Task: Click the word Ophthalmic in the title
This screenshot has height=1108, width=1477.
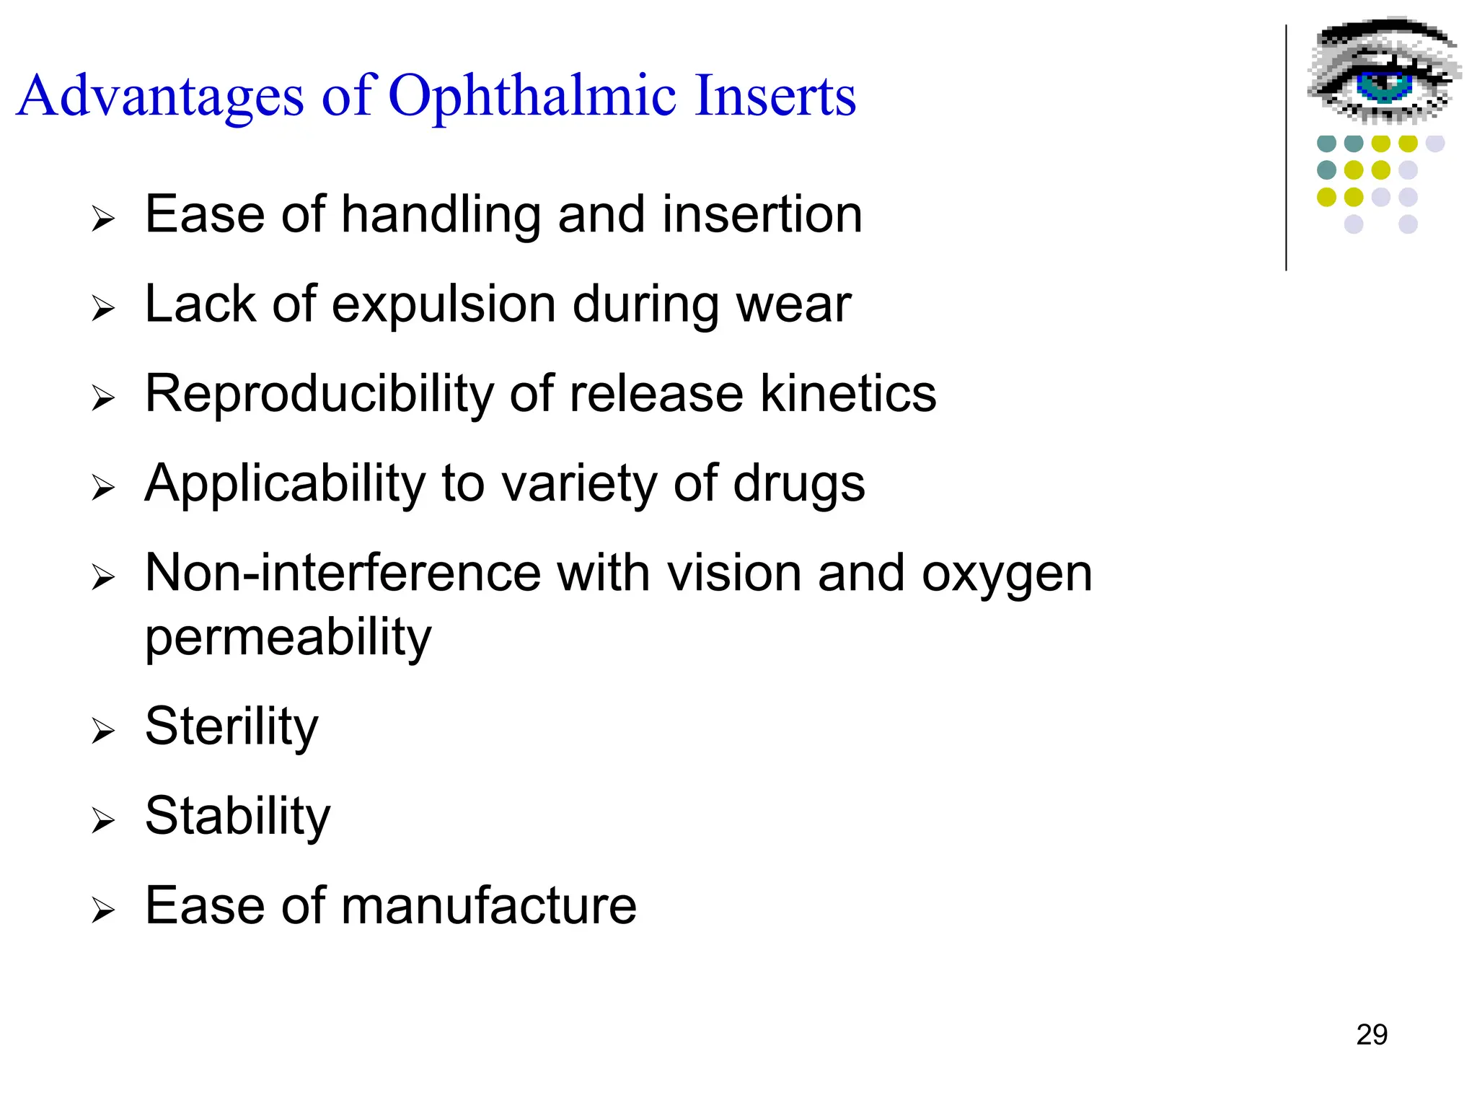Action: pyautogui.click(x=532, y=97)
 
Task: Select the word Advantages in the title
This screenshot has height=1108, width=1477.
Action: pyautogui.click(x=160, y=97)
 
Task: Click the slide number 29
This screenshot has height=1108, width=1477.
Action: pyautogui.click(x=1371, y=1034)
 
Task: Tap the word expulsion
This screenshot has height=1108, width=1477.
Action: pyautogui.click(x=443, y=304)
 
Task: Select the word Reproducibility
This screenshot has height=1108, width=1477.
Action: pyautogui.click(x=319, y=394)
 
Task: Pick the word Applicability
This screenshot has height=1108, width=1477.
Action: pyautogui.click(x=285, y=483)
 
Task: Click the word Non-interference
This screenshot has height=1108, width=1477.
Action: pyautogui.click(x=343, y=573)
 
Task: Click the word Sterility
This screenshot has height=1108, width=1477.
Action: pyautogui.click(x=232, y=726)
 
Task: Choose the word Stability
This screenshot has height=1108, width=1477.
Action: pyautogui.click(x=237, y=816)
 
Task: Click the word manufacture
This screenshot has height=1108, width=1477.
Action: pyautogui.click(x=488, y=905)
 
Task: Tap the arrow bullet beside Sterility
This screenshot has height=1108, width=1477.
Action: pyautogui.click(x=103, y=731)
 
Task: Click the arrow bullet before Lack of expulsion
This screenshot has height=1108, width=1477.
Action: pyautogui.click(x=103, y=309)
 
